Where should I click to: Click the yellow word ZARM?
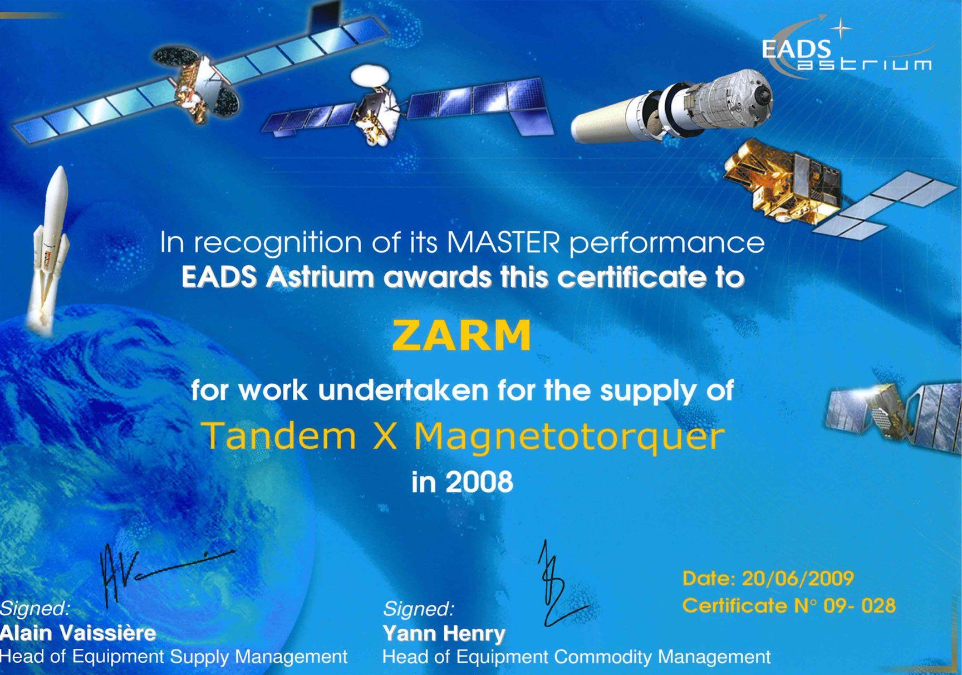click(x=462, y=335)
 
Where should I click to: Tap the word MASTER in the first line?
click(x=502, y=243)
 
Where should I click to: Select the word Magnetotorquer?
click(x=569, y=436)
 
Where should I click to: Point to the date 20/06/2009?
click(x=798, y=579)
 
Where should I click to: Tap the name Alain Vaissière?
click(x=78, y=633)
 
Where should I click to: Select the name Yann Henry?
click(x=444, y=633)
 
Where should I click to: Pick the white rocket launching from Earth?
click(x=51, y=245)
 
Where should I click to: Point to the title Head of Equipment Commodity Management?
click(x=576, y=657)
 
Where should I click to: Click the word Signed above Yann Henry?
click(x=418, y=609)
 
